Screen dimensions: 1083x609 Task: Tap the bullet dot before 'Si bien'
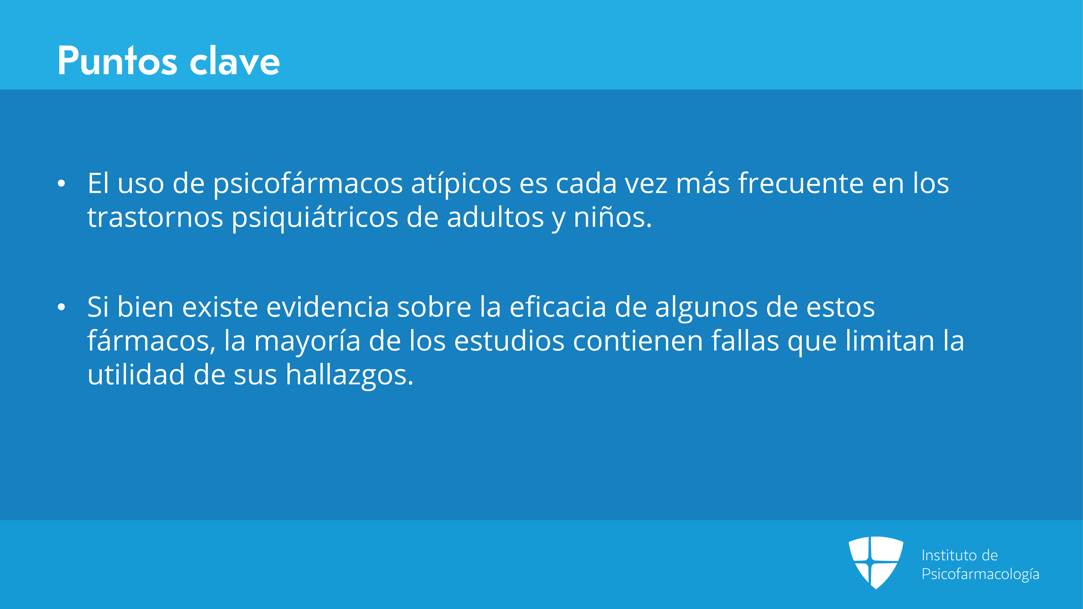tap(61, 307)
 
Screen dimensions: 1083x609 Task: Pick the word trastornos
tap(155, 218)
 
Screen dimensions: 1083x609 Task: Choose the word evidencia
tap(328, 307)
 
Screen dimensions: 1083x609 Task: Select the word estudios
tap(509, 341)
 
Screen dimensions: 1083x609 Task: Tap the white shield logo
tap(876, 563)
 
